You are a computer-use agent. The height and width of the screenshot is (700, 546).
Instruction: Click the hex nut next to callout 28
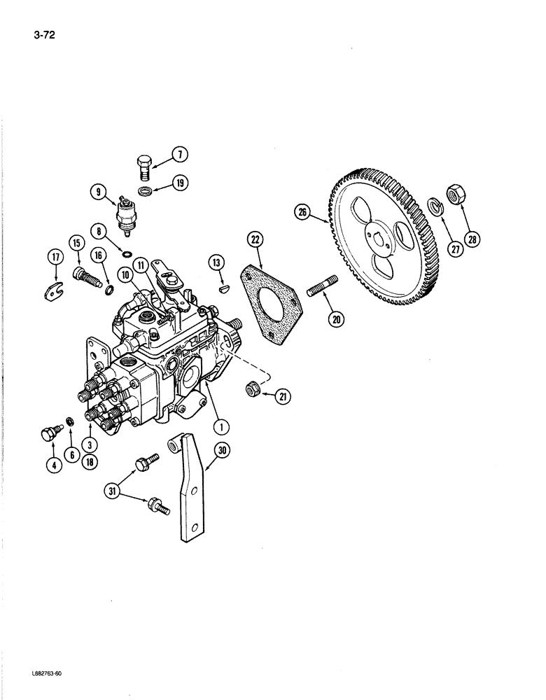coord(454,195)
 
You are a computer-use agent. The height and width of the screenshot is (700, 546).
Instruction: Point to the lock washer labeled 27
coord(435,206)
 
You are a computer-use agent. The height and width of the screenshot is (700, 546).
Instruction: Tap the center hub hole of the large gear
coord(379,243)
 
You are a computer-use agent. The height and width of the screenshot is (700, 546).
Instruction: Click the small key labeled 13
coord(223,285)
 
